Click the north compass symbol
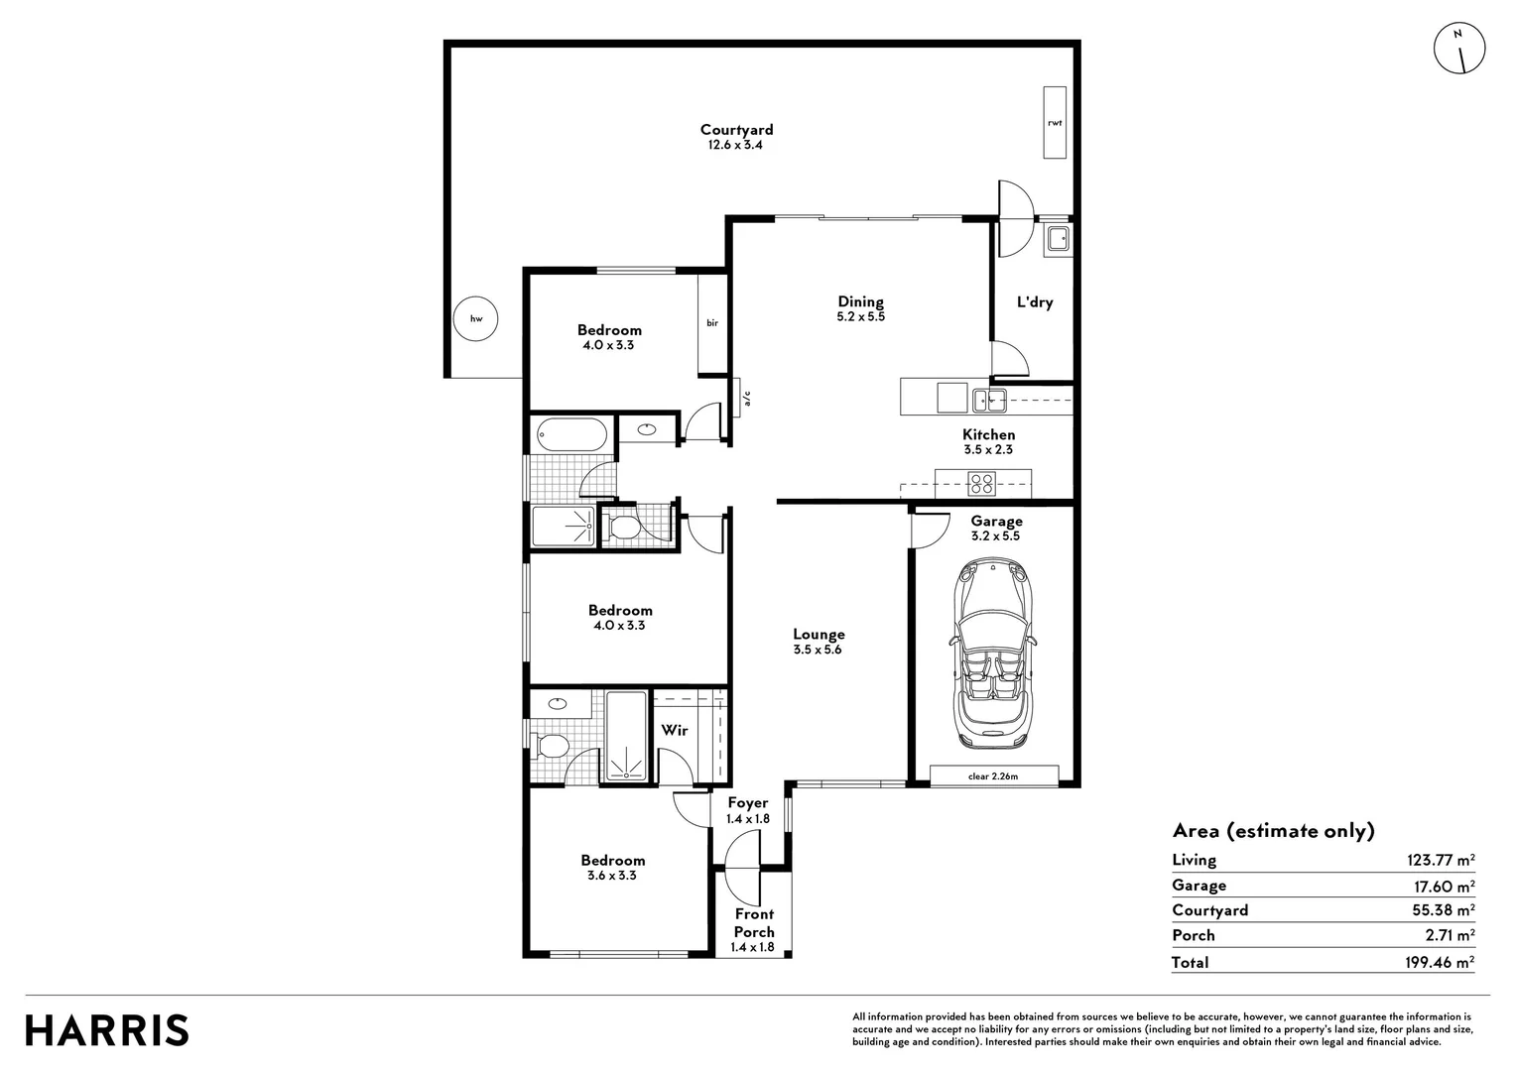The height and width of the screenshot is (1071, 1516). pyautogui.click(x=1459, y=48)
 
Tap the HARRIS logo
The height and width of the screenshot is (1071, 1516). pyautogui.click(x=107, y=1029)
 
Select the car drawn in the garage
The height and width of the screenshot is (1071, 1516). pyautogui.click(x=994, y=655)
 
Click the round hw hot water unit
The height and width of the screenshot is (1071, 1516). pyautogui.click(x=475, y=319)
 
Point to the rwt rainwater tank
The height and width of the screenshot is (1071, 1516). pyautogui.click(x=1054, y=122)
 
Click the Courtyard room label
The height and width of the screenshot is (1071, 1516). pyautogui.click(x=736, y=130)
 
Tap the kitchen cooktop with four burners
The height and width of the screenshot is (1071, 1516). pyautogui.click(x=982, y=484)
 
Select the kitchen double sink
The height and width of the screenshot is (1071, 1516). pyautogui.click(x=989, y=400)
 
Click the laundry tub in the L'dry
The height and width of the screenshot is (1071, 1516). pyautogui.click(x=1059, y=238)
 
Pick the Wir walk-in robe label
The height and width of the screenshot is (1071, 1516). pyautogui.click(x=675, y=731)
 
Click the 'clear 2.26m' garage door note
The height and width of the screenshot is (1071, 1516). pyautogui.click(x=993, y=775)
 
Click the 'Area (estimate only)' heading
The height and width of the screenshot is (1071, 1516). pyautogui.click(x=1273, y=831)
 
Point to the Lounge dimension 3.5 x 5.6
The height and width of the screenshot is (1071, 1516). pyautogui.click(x=818, y=651)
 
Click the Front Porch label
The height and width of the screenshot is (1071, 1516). pyautogui.click(x=754, y=922)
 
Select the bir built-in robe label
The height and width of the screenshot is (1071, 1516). pyautogui.click(x=712, y=323)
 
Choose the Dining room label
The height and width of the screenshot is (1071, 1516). pyautogui.click(x=860, y=302)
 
